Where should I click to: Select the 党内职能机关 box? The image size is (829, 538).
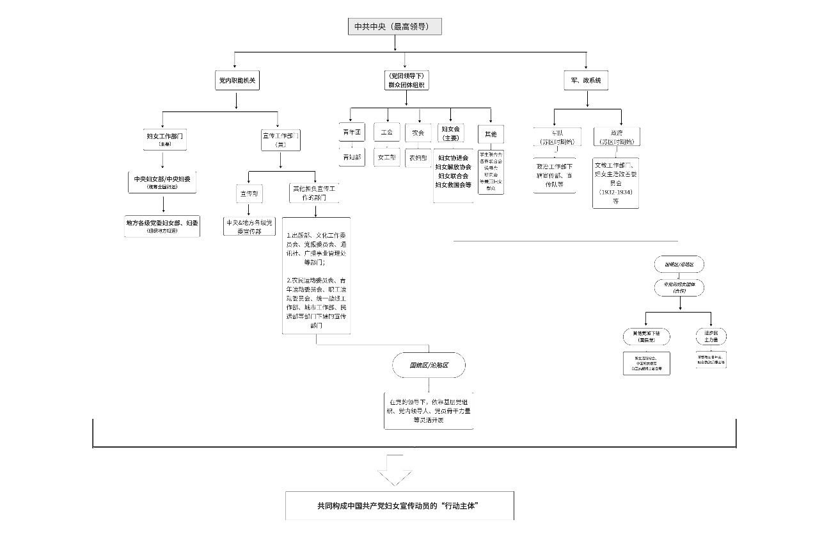coord(235,81)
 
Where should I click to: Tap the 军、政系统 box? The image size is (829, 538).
coord(585,81)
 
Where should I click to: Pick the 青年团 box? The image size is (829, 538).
coord(351,133)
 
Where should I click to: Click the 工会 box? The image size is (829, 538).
coord(386,133)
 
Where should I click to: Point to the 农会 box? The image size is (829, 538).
coord(418,133)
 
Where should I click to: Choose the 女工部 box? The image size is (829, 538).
coord(386,157)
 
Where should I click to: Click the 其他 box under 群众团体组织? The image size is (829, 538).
coord(490,134)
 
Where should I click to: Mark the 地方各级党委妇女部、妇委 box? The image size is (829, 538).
coord(162,225)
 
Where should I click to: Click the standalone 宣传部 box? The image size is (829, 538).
coord(248,193)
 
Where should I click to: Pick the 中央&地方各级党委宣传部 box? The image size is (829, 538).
coord(249,226)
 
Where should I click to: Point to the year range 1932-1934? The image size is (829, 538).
coord(615,192)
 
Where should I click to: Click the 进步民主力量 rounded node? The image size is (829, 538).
coord(711,336)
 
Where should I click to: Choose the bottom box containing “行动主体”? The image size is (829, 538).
coord(399,505)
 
